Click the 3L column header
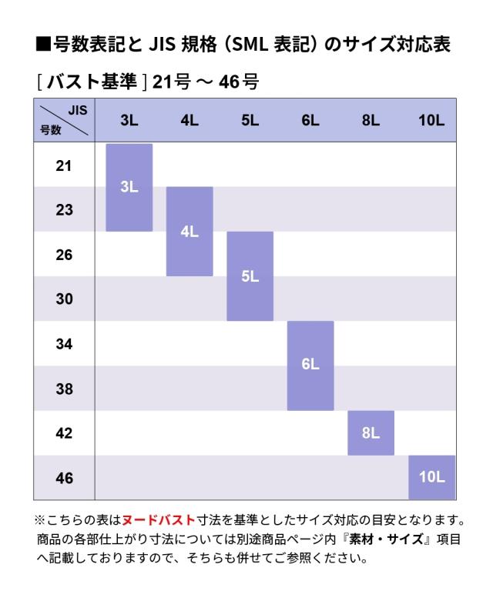[129, 120]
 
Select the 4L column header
[189, 120]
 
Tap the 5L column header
[250, 120]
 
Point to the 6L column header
[310, 120]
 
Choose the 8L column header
[371, 120]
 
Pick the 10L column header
[431, 120]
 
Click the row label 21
[64, 165]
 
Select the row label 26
[64, 255]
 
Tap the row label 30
[64, 299]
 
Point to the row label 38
[64, 389]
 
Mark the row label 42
[64, 433]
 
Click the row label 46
[64, 478]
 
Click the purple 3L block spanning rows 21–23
[129, 187]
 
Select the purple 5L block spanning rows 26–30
[250, 276]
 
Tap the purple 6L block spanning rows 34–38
[310, 366]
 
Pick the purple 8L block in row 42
[371, 432]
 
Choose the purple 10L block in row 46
[431, 477]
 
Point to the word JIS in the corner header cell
[77, 110]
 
